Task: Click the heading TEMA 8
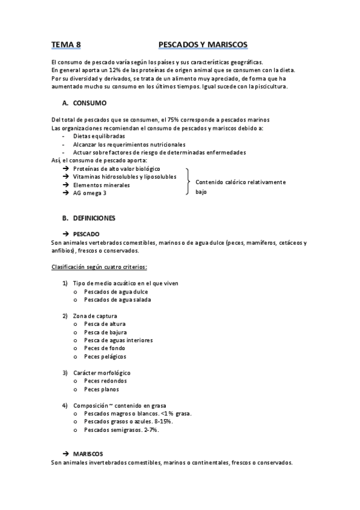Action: [x=66, y=45]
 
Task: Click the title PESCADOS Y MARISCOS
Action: [x=203, y=45]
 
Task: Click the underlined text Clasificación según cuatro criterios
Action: [x=99, y=266]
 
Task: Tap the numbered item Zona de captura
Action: [x=94, y=316]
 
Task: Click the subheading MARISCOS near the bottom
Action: [x=88, y=453]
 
